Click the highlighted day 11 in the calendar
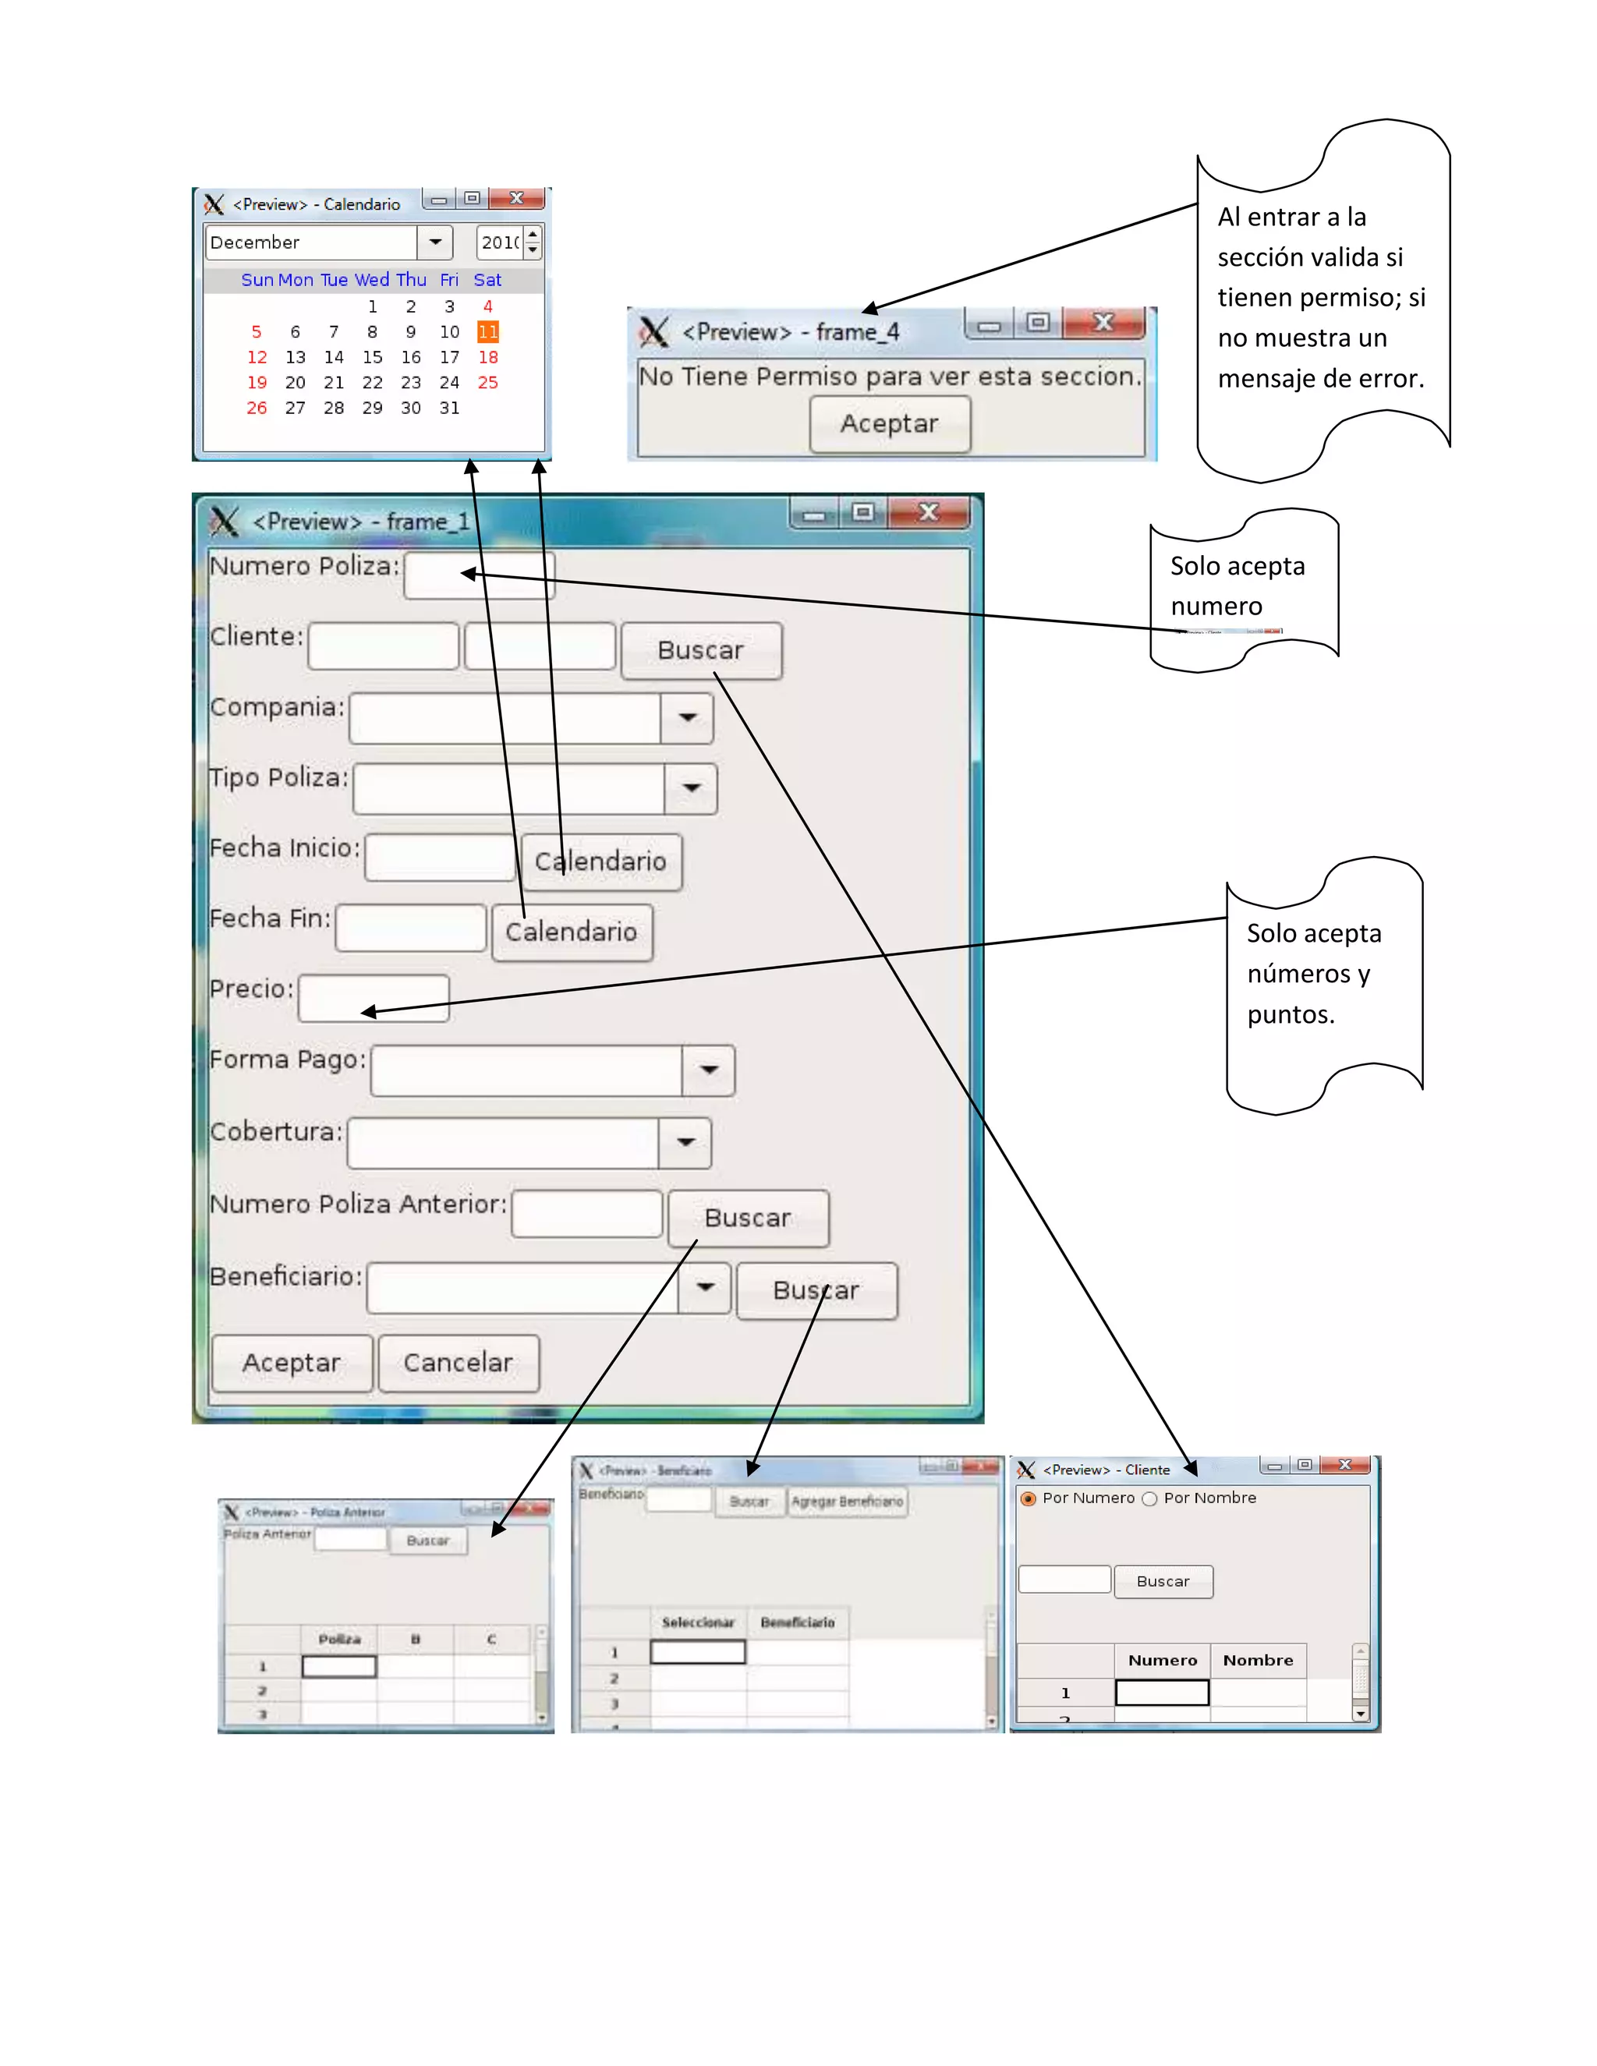point(487,332)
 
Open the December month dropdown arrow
point(435,242)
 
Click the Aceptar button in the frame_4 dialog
point(889,424)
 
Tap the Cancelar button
point(459,1363)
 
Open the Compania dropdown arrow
point(688,718)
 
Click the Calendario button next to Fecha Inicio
point(600,861)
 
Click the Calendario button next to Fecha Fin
point(572,932)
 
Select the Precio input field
point(374,998)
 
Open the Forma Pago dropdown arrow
point(709,1070)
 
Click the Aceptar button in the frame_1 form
point(292,1363)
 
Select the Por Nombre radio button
point(1149,1498)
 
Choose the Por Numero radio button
point(1029,1498)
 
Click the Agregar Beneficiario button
point(848,1502)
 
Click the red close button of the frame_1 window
point(929,513)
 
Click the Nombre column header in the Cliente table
point(1257,1660)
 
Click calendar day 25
point(487,383)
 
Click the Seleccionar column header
point(698,1622)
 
